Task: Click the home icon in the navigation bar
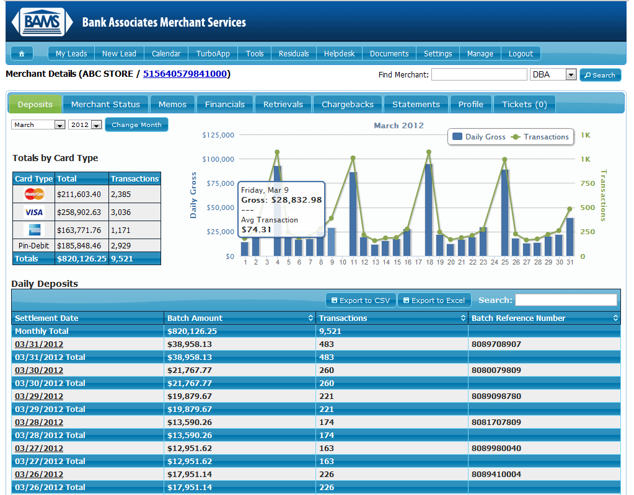click(22, 54)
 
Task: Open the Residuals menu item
click(294, 54)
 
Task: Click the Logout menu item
click(521, 54)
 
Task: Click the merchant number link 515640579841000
click(185, 74)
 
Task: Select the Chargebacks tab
click(347, 104)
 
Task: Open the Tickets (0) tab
click(524, 104)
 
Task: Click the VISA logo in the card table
click(34, 212)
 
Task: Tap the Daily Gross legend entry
click(479, 137)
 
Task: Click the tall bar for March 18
click(429, 210)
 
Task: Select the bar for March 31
click(570, 237)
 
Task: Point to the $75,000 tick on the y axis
click(221, 183)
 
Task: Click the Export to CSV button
click(361, 300)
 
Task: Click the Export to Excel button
click(434, 300)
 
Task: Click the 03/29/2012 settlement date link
click(39, 396)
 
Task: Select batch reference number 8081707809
click(496, 423)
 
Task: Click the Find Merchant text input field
click(479, 75)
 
